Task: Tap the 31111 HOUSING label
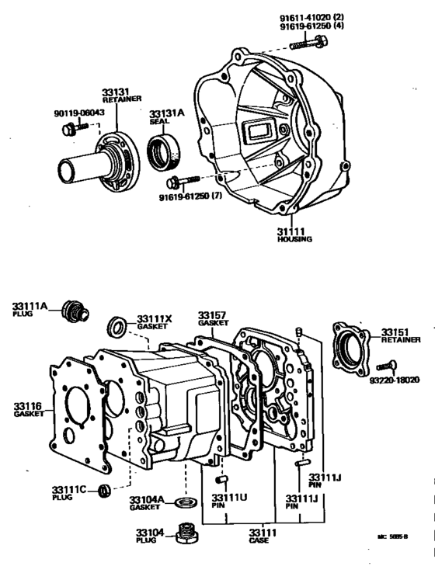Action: (294, 234)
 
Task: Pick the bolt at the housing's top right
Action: (302, 43)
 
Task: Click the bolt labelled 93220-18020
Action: (387, 366)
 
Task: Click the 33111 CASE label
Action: (259, 536)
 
